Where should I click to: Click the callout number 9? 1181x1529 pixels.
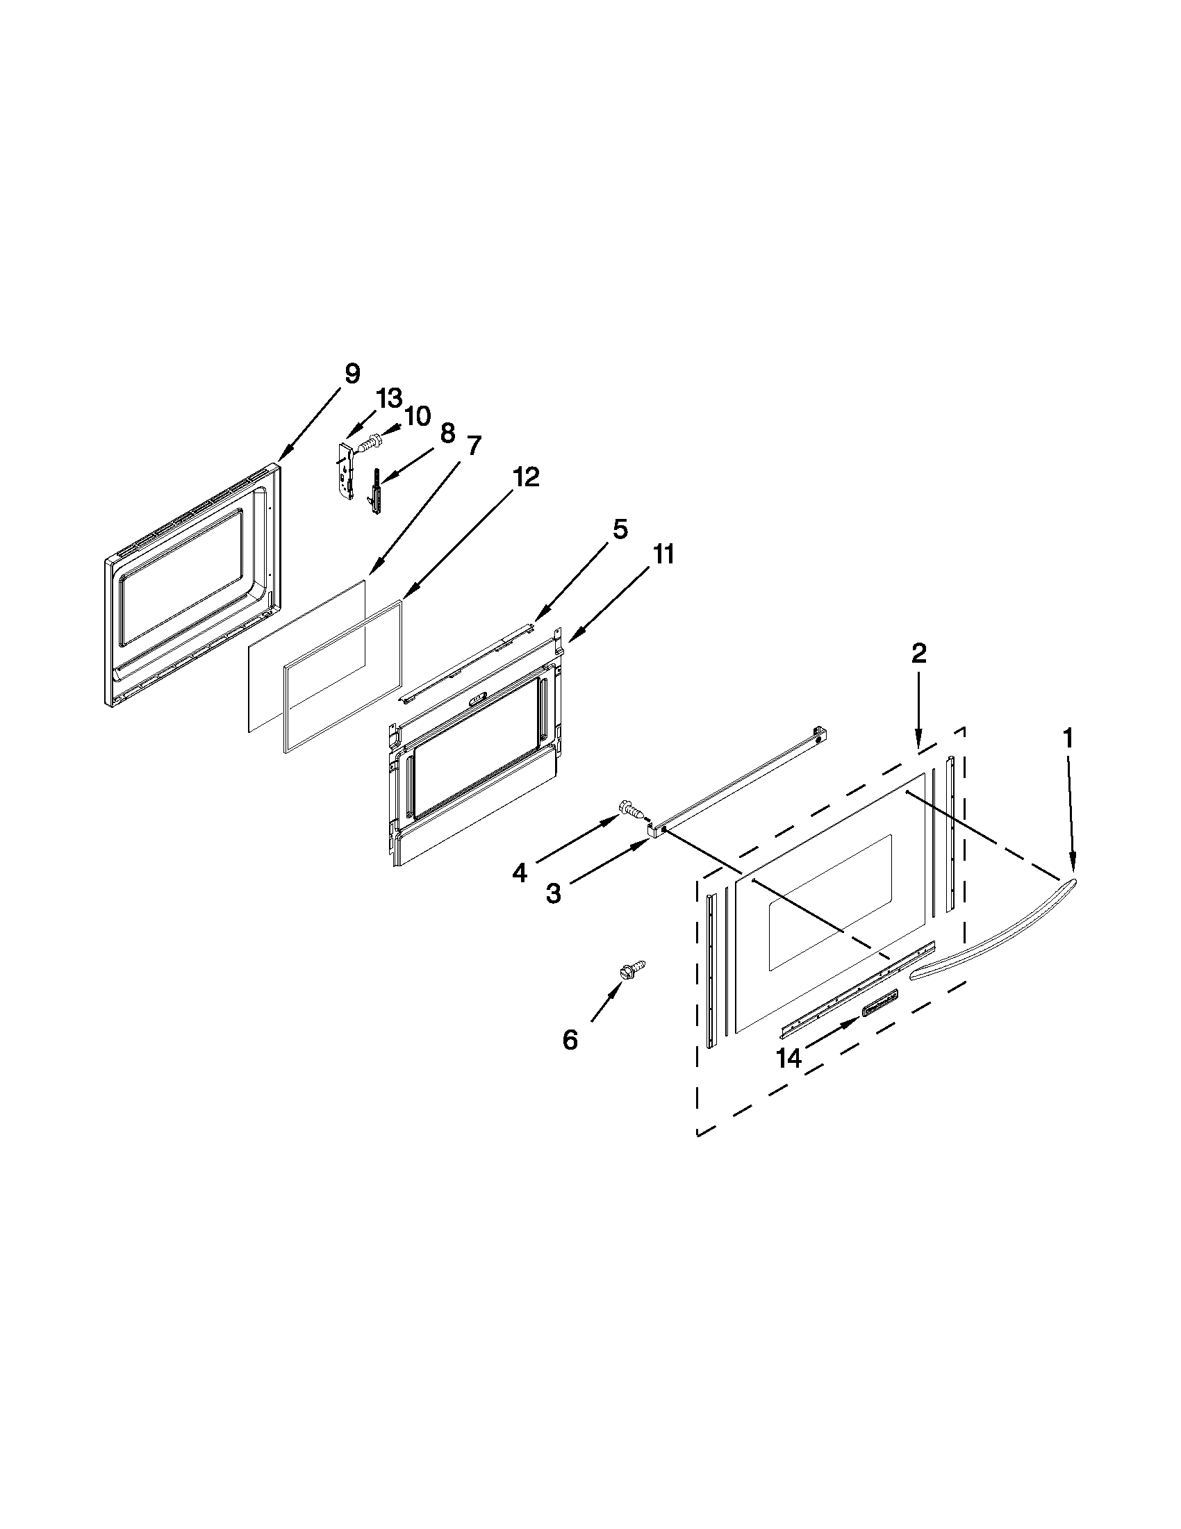pyautogui.click(x=352, y=374)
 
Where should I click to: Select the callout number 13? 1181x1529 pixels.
pyautogui.click(x=389, y=399)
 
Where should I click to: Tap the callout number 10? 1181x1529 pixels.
pyautogui.click(x=418, y=417)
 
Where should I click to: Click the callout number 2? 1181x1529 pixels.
pyautogui.click(x=918, y=653)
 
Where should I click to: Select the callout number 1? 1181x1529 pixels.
pyautogui.click(x=1067, y=737)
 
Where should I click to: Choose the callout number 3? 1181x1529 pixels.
pyautogui.click(x=553, y=893)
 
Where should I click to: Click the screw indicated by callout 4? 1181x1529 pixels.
pyautogui.click(x=630, y=812)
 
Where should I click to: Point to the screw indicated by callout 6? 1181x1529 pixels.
pyautogui.click(x=632, y=969)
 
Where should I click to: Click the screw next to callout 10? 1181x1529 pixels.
pyautogui.click(x=368, y=443)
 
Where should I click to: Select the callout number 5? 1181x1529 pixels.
pyautogui.click(x=620, y=529)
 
